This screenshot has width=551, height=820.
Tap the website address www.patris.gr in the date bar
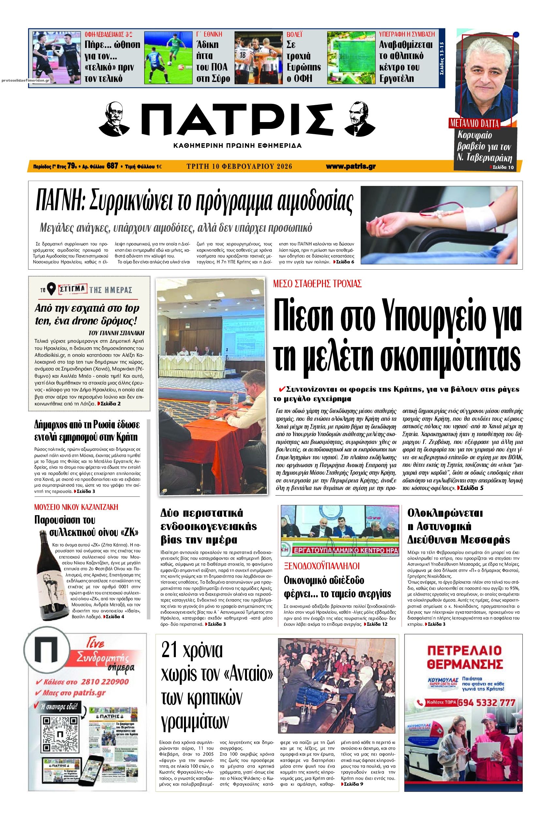(350, 167)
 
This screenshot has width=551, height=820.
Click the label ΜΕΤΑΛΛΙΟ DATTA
(474, 123)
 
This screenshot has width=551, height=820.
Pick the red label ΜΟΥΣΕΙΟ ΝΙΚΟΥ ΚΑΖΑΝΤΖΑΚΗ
(76, 507)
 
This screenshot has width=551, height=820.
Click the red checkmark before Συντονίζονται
(281, 389)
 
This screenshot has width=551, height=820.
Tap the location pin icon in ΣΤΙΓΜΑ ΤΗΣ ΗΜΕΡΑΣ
(52, 289)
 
